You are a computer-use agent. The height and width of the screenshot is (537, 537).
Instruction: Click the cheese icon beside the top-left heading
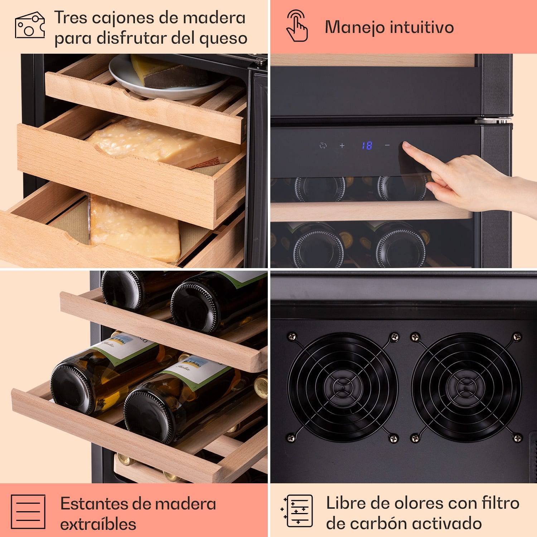click(x=30, y=25)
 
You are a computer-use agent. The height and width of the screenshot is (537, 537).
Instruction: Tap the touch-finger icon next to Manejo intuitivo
click(x=297, y=26)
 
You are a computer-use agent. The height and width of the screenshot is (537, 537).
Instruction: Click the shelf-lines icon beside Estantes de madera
click(x=28, y=512)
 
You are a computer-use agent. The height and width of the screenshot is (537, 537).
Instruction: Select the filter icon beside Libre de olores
click(x=297, y=511)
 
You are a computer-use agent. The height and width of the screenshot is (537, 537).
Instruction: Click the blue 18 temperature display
click(x=367, y=145)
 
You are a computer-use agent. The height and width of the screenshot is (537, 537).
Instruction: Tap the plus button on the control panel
click(x=342, y=145)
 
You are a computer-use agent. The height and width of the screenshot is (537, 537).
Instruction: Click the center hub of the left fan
click(x=342, y=387)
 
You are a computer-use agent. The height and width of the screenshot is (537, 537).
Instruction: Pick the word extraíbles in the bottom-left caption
click(x=98, y=524)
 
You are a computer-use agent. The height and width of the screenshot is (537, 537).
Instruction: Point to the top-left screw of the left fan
click(x=292, y=336)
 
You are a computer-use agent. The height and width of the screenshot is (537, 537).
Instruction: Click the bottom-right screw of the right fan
click(x=517, y=438)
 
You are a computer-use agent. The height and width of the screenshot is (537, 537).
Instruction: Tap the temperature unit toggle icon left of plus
click(x=323, y=145)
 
